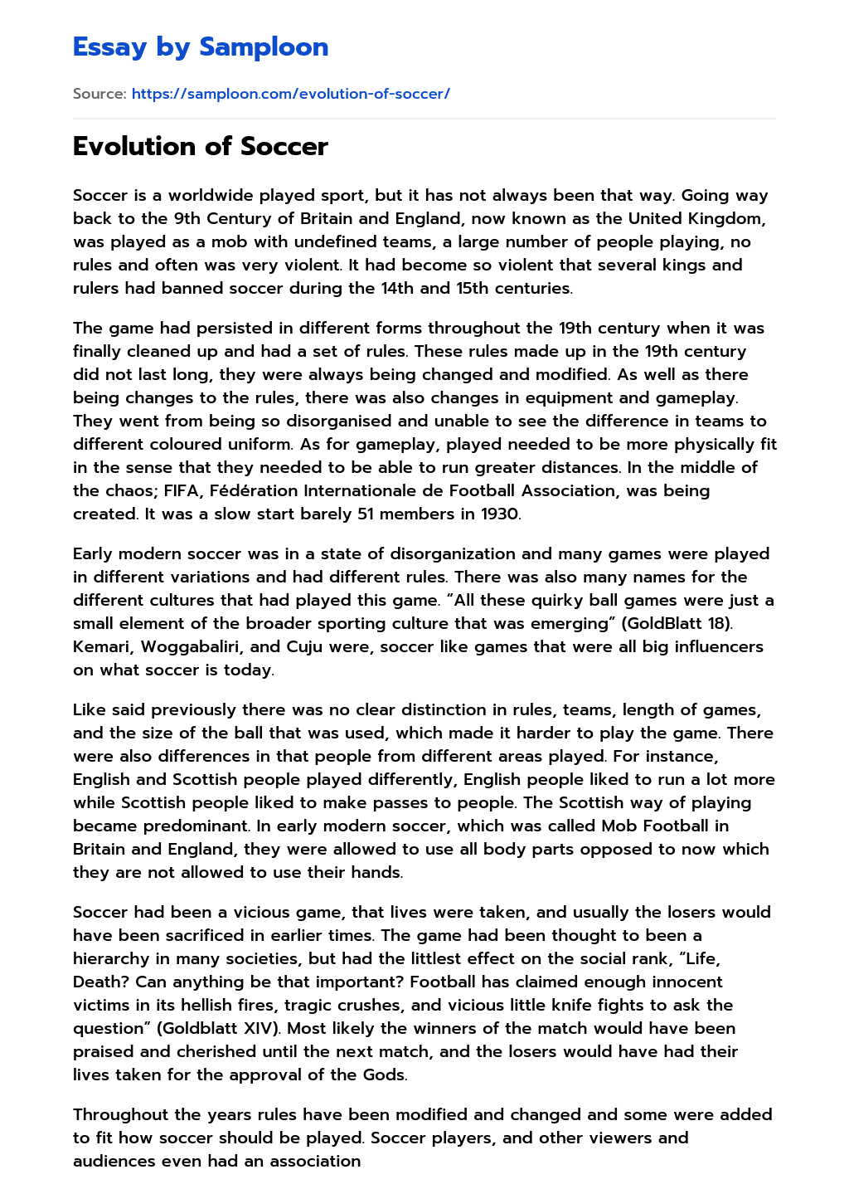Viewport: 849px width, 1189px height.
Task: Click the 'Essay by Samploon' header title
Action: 200,47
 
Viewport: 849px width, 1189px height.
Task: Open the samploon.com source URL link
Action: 290,94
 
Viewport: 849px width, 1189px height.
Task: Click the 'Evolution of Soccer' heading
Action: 200,146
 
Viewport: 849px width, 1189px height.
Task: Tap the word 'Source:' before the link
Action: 99,94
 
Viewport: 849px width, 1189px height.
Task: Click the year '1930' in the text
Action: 500,514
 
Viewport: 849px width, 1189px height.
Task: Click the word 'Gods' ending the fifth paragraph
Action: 386,1074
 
